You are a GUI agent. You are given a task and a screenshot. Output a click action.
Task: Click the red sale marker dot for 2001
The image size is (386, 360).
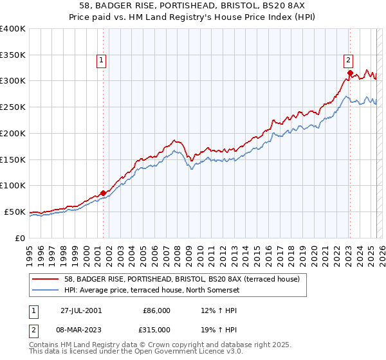pos(104,192)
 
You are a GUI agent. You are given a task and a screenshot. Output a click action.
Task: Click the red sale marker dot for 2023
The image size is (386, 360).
pos(350,73)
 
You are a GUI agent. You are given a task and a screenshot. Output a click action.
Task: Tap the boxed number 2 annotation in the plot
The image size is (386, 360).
pos(348,61)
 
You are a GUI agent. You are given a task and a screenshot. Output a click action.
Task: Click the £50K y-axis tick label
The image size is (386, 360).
pos(15,212)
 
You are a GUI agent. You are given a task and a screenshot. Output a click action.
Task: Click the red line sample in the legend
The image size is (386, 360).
pos(47,280)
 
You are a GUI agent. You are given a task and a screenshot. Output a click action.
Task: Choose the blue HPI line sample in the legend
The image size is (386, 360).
pos(47,291)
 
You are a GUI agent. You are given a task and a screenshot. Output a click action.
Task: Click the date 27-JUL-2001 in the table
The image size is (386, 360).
pos(80,310)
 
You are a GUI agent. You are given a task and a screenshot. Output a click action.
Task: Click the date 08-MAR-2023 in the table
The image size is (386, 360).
pos(82,329)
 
